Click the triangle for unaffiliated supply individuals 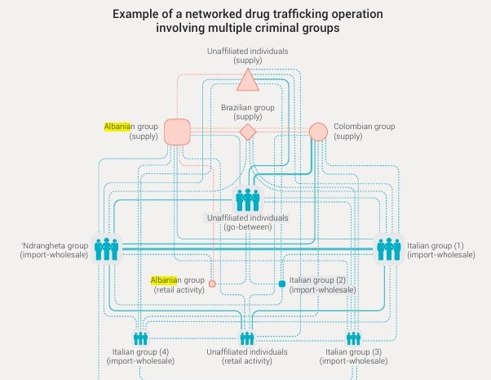[x=248, y=79]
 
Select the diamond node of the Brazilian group [x=248, y=131]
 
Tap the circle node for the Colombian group [x=318, y=131]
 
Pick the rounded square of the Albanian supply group [x=177, y=131]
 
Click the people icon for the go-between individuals [x=247, y=199]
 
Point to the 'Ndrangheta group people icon [x=107, y=248]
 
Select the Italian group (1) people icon [x=387, y=248]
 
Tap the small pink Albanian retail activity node [x=212, y=284]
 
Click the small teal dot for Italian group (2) [x=282, y=284]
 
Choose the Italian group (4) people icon [x=141, y=338]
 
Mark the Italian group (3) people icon [x=353, y=338]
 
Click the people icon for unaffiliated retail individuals [x=247, y=338]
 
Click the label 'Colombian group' [x=365, y=127]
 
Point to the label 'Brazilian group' [x=248, y=107]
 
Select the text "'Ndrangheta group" [x=55, y=245]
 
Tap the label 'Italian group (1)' [x=436, y=245]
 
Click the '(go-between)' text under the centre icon [x=248, y=227]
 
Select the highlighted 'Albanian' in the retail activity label [x=163, y=279]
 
